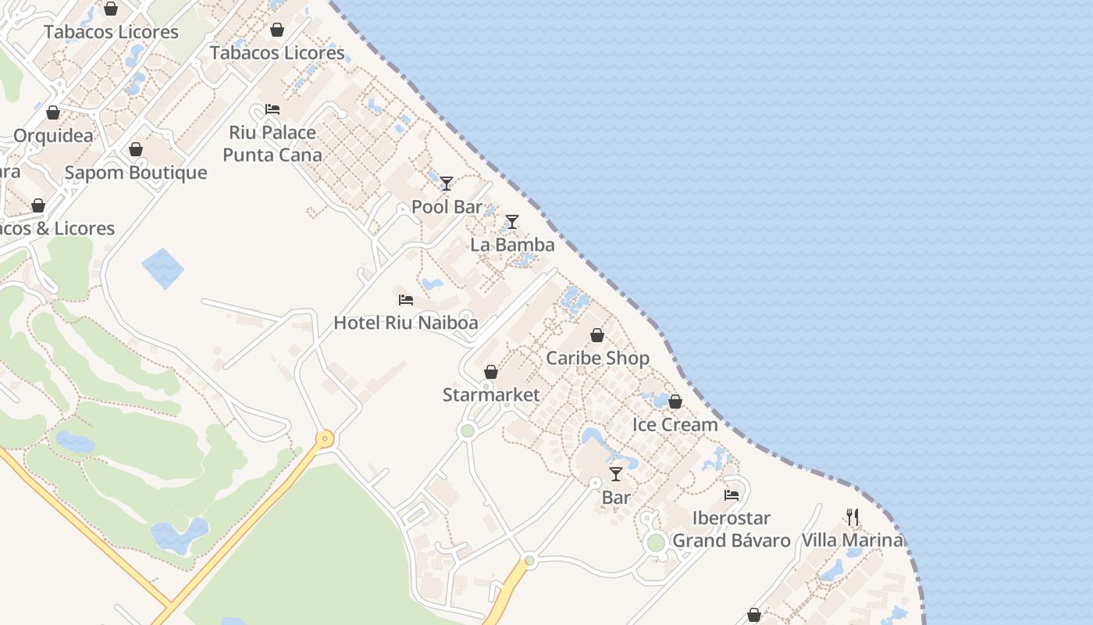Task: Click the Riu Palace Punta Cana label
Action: coord(272,144)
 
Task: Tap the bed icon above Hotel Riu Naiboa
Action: coord(405,300)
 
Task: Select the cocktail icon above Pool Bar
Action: coord(447,184)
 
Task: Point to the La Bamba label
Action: coord(512,245)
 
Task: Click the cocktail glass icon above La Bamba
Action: coord(512,222)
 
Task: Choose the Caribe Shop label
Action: coord(597,358)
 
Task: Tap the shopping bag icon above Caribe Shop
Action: coord(597,335)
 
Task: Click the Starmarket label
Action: coord(491,395)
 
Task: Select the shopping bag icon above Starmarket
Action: coord(491,372)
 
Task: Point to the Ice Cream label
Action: coord(675,424)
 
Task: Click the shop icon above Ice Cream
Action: coord(675,402)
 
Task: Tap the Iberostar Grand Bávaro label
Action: coord(732,529)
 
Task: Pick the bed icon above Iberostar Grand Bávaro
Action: coord(732,495)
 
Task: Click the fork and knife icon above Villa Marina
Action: coord(853,517)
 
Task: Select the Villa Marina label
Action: coord(853,540)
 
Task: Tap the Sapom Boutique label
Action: coord(136,173)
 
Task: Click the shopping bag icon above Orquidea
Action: coord(53,112)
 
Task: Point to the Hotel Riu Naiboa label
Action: coord(405,323)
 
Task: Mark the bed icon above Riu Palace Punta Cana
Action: coord(272,109)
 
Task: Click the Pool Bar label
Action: coord(447,207)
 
